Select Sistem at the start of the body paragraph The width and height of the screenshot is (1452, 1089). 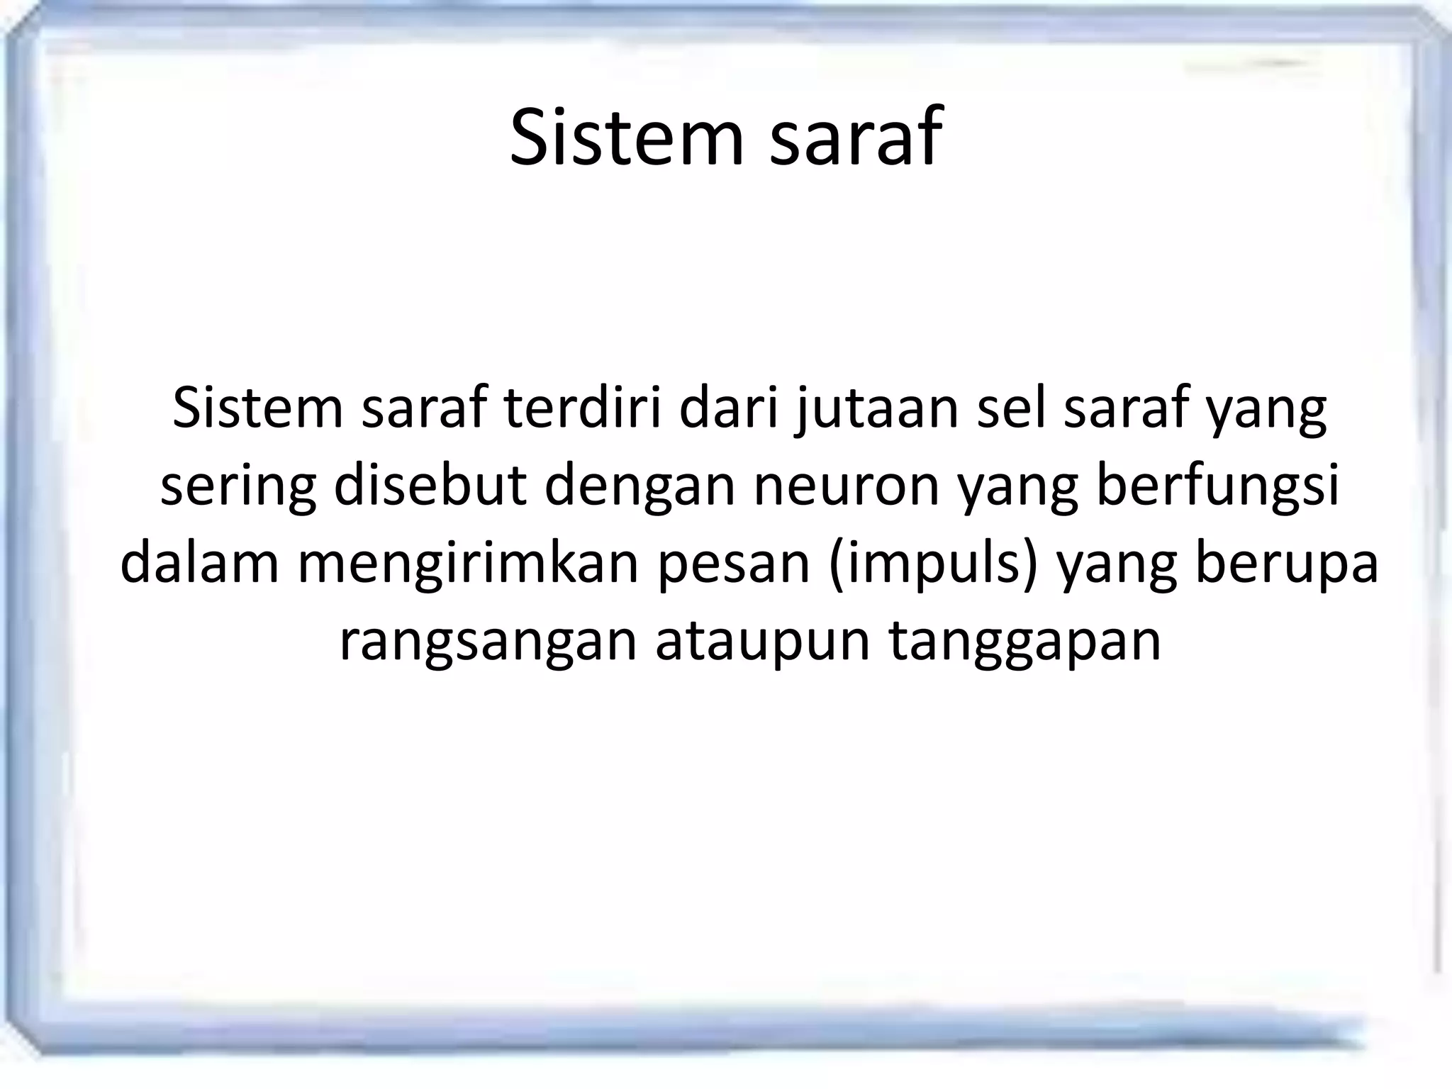tap(257, 409)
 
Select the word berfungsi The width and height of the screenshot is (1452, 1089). tap(1217, 488)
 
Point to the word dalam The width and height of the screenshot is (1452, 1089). tap(199, 564)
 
